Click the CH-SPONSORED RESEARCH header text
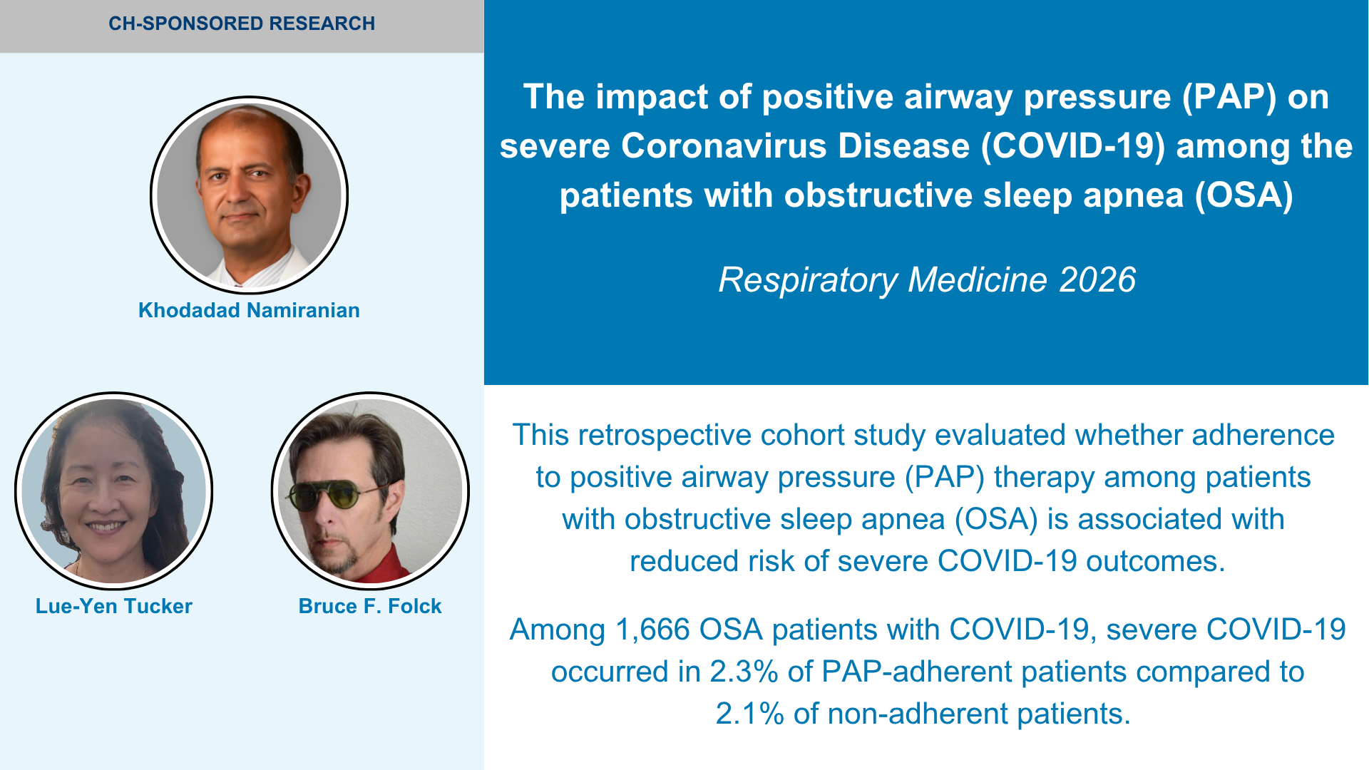(242, 24)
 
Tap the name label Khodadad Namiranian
(249, 310)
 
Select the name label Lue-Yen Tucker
(114, 606)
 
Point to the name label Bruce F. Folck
(370, 606)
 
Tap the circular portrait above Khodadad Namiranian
(249, 195)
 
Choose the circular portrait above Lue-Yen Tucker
(114, 491)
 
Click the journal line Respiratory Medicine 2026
(927, 279)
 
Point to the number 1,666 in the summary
(652, 630)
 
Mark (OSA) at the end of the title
(1244, 195)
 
